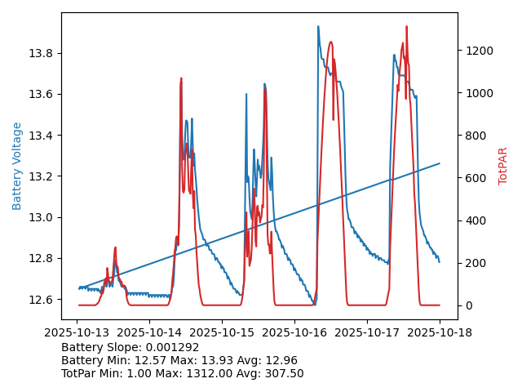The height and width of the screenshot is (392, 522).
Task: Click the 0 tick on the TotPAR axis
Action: click(x=467, y=305)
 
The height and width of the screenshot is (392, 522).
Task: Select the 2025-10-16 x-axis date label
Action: click(x=295, y=332)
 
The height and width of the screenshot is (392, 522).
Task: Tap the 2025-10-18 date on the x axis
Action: click(x=440, y=332)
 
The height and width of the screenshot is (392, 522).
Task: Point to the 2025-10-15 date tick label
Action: click(x=223, y=332)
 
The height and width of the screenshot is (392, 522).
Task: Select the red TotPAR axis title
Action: click(x=503, y=166)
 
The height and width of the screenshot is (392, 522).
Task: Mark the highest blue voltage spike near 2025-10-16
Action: click(x=318, y=27)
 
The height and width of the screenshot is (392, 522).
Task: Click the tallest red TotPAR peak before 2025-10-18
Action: click(x=406, y=27)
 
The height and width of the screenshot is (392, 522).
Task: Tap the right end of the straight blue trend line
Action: click(x=440, y=163)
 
